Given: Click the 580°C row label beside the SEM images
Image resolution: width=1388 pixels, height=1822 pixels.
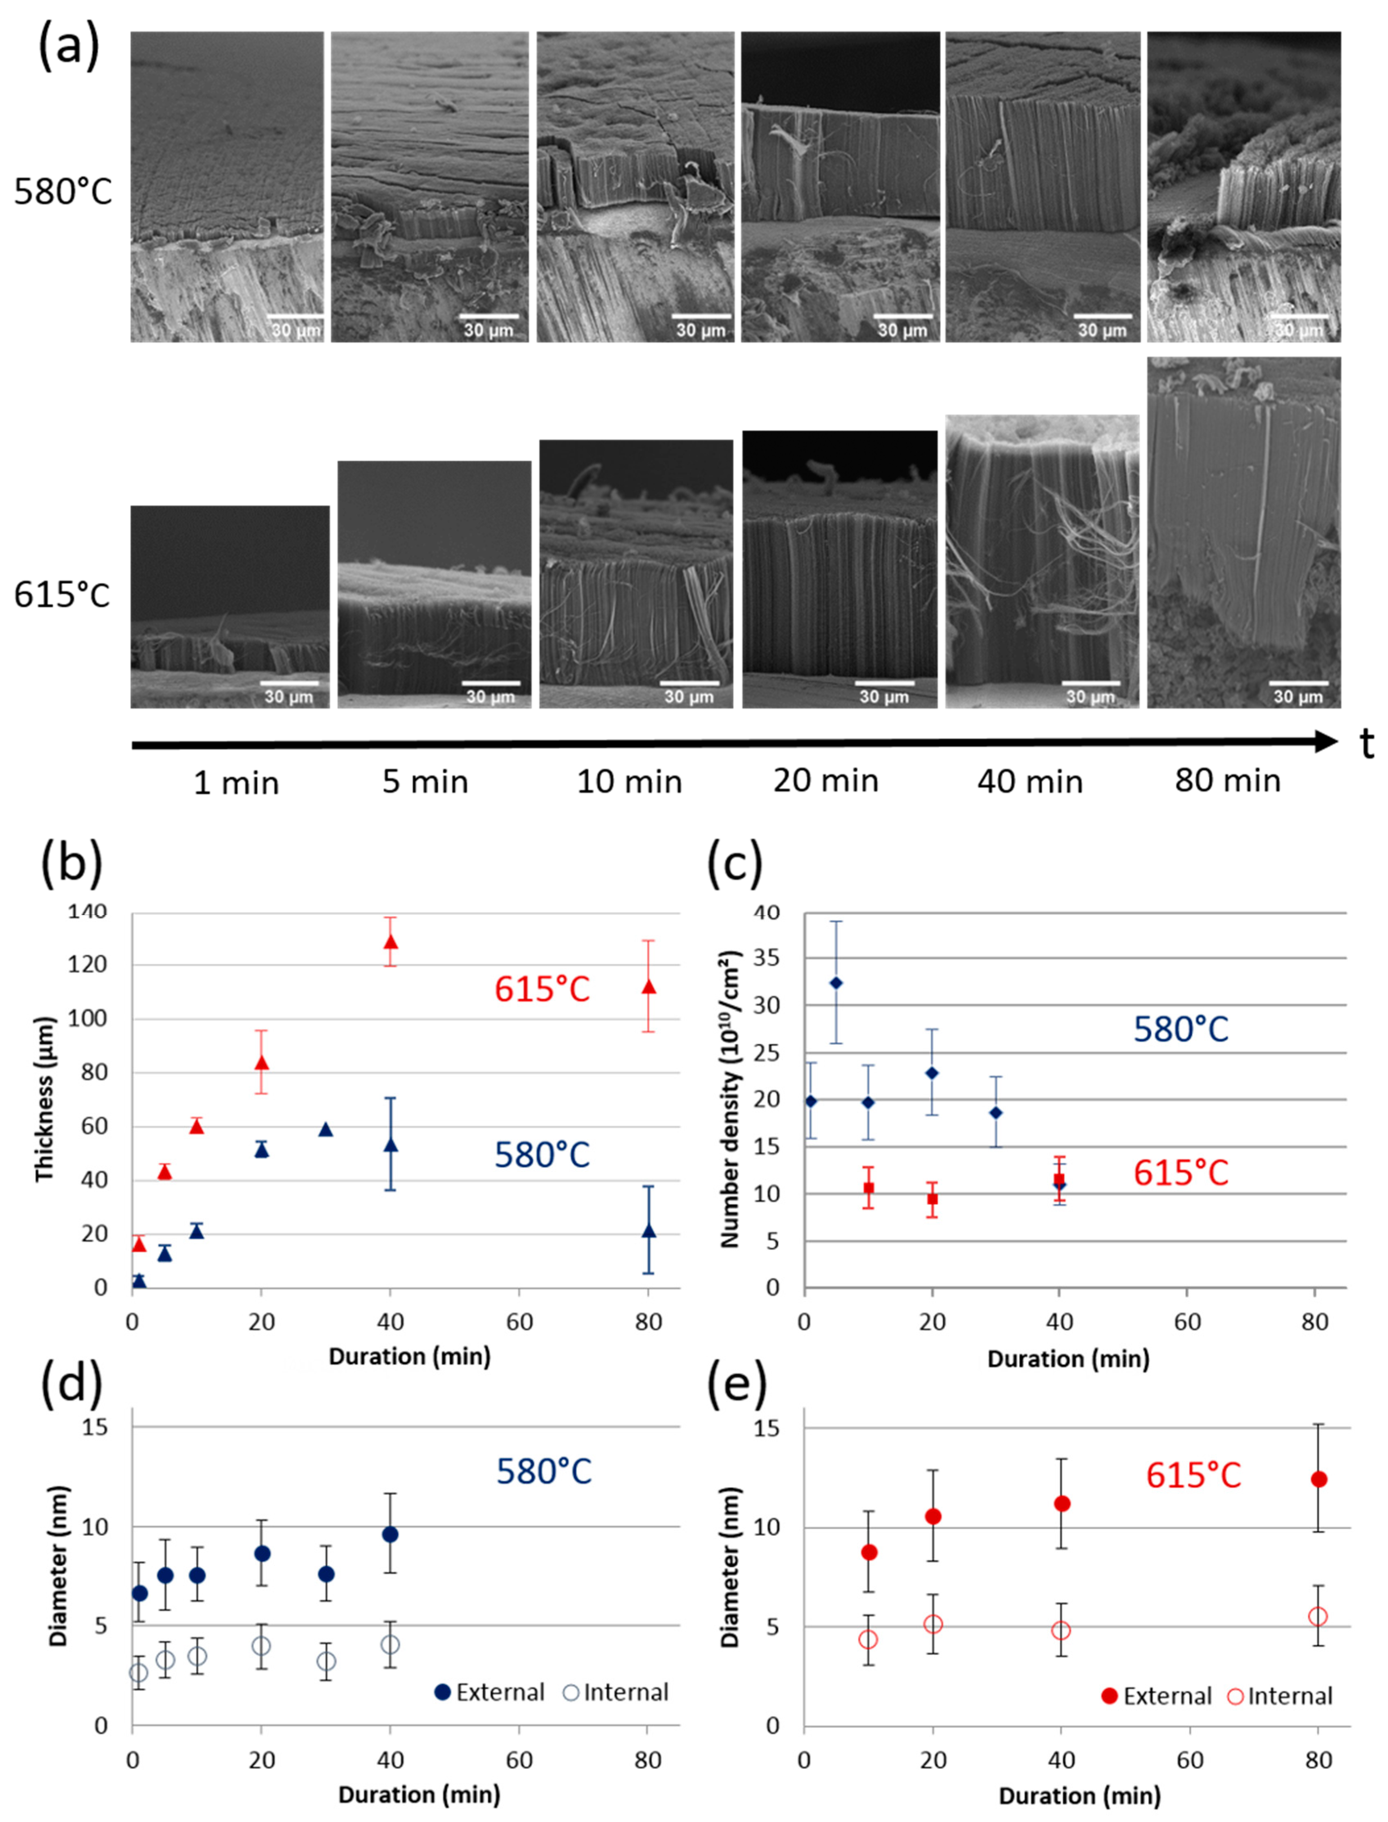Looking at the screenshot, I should tap(63, 192).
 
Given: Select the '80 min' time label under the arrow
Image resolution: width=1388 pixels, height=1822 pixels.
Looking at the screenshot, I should tap(1228, 780).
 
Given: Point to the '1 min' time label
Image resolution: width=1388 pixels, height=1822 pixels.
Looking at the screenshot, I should tap(236, 783).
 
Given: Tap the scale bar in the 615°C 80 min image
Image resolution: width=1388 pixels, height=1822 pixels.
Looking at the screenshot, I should tap(1298, 683).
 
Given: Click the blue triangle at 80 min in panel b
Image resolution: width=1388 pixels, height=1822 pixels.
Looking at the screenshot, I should tap(648, 1231).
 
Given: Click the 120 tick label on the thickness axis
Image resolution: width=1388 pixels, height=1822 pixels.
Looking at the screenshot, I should tap(87, 964).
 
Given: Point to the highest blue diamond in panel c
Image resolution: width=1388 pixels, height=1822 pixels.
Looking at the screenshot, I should tap(836, 983).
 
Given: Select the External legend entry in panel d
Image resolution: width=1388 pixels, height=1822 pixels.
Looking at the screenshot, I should tap(489, 1692).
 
